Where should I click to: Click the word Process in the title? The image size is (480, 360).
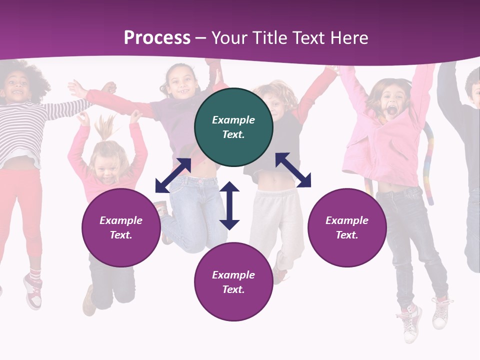(x=157, y=38)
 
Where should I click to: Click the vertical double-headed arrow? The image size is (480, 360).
(x=229, y=205)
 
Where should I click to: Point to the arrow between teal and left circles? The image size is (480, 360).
(x=173, y=175)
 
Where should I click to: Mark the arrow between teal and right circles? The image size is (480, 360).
(x=293, y=170)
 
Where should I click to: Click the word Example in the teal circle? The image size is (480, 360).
(x=233, y=120)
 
